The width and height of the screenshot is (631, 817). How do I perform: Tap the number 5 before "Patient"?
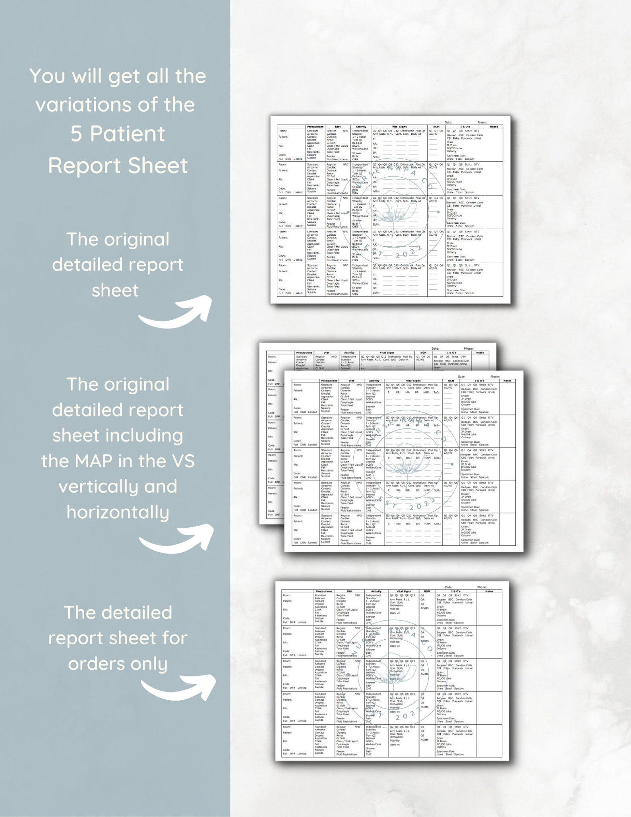click(76, 134)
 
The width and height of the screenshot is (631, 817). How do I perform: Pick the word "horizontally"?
click(118, 512)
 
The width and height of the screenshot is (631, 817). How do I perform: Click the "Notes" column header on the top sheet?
click(494, 127)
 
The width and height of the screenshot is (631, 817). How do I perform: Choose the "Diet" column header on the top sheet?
click(338, 127)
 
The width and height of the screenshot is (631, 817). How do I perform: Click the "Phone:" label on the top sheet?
click(482, 122)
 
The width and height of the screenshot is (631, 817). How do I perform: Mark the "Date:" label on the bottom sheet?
click(449, 587)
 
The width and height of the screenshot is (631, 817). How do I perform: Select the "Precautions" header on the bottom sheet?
click(324, 591)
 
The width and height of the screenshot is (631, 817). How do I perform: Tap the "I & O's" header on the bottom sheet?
click(456, 591)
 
